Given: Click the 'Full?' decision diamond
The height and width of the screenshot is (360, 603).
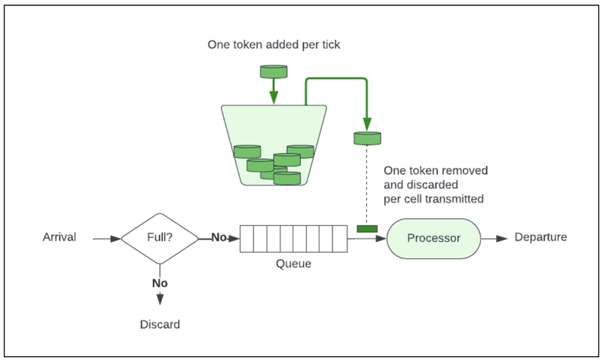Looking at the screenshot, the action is [160, 239].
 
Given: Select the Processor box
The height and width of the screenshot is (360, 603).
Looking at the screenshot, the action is [434, 239].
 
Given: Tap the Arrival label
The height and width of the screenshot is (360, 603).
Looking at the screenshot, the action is [60, 237].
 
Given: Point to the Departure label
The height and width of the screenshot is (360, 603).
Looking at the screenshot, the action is [540, 237].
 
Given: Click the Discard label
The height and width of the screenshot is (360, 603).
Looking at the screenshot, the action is [160, 325].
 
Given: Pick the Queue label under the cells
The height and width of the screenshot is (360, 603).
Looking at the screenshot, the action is [293, 264].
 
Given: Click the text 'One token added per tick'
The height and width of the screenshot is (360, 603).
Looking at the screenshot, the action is [274, 44].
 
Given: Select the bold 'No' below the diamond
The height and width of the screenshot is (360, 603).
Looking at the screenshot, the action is [160, 283].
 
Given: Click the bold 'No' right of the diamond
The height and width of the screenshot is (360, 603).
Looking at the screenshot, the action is [219, 237].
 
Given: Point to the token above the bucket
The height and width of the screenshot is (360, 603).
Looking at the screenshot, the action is [274, 72].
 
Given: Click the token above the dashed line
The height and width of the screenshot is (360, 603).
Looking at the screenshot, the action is [367, 139].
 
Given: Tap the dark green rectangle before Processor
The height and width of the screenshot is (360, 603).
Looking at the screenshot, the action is [367, 229].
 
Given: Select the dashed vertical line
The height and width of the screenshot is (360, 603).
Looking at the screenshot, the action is [367, 185].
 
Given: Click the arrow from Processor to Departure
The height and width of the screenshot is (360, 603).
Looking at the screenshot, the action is [494, 239].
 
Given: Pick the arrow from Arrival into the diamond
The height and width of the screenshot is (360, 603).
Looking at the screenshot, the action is [107, 239].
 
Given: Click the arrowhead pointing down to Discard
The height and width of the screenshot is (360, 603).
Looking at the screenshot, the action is [160, 299].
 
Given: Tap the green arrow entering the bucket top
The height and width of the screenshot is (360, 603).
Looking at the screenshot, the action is [274, 91].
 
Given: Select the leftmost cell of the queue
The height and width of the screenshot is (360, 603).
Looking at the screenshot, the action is [247, 239].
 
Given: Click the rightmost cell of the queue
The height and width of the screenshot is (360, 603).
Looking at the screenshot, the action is [340, 239].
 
